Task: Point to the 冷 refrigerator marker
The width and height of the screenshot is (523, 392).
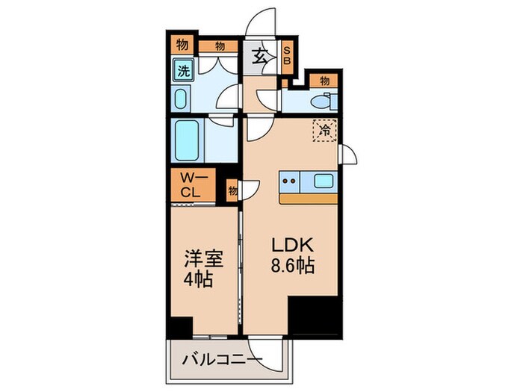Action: [x=325, y=131]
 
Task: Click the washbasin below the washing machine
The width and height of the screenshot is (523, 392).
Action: [x=182, y=99]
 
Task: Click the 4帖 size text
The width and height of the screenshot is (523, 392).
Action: [x=196, y=282]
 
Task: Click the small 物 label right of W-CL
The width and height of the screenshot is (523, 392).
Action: [x=232, y=191]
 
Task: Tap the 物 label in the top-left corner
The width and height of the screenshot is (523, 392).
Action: [x=182, y=46]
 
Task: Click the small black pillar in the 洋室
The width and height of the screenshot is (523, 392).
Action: [x=179, y=326]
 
